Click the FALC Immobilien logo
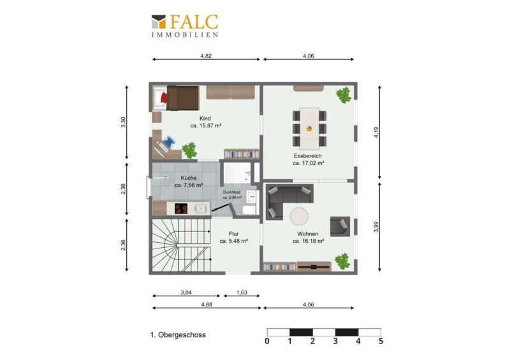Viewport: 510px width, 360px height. [x=185, y=25]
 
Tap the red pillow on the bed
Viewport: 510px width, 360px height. [x=164, y=97]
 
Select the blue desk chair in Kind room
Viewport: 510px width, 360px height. [x=168, y=142]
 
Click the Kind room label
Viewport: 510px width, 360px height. [x=205, y=119]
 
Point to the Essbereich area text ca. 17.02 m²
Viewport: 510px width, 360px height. [x=309, y=163]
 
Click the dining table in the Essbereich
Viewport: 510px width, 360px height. [x=309, y=128]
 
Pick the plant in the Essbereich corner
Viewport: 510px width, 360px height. [x=344, y=95]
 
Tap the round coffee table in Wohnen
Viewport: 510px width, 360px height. [x=299, y=216]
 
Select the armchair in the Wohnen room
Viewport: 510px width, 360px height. [x=340, y=226]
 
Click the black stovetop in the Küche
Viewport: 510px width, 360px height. [x=181, y=208]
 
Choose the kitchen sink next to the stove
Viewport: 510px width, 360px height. [x=201, y=208]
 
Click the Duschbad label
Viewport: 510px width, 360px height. [x=231, y=192]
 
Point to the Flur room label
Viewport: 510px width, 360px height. [x=234, y=234]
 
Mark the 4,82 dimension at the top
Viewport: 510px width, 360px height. [x=206, y=56]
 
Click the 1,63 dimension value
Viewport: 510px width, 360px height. [x=242, y=292]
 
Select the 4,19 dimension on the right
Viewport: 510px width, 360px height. [x=376, y=132]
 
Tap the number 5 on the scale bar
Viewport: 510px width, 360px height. [x=381, y=341]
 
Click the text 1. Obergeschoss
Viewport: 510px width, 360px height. [x=178, y=335]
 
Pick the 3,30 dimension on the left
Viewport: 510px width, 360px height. [x=123, y=122]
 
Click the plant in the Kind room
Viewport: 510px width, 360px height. [x=189, y=150]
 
